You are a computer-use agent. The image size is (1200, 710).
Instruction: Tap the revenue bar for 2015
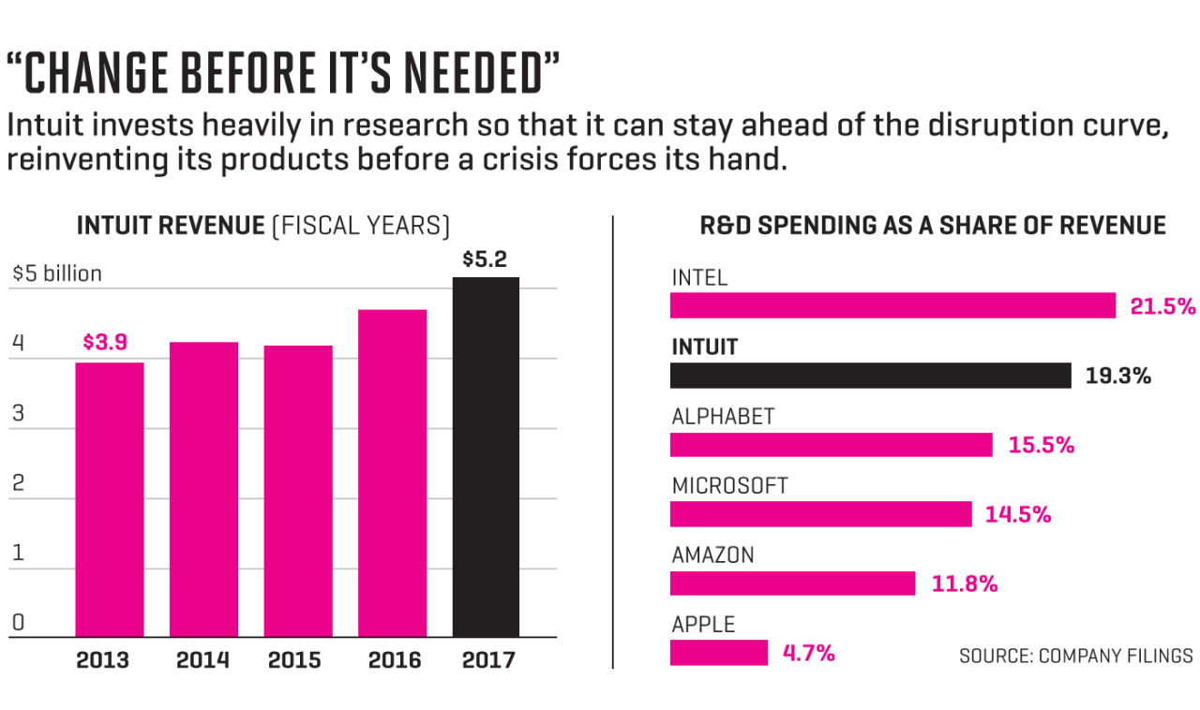point(297,491)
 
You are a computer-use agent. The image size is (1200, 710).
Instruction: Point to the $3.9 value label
point(105,343)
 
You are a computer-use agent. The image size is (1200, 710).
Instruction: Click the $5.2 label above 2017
point(485,259)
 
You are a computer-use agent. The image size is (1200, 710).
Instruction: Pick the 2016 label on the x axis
point(394,660)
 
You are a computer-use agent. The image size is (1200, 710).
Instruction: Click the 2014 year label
point(203,660)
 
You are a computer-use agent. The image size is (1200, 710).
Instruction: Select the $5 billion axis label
point(57,274)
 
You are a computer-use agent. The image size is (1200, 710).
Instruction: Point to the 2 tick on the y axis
point(18,484)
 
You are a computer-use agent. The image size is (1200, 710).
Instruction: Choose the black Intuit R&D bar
point(870,376)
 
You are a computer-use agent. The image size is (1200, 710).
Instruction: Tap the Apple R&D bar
point(719,653)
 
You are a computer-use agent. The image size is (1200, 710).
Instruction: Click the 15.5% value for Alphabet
point(1042,445)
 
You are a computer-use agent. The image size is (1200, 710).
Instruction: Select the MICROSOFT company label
point(730,486)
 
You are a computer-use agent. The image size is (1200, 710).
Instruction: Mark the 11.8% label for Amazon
point(965,584)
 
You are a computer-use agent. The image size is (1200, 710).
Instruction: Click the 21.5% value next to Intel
point(1163,306)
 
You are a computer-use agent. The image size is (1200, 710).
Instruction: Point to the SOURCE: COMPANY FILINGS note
point(1075,656)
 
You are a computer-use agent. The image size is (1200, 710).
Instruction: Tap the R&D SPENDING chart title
point(933,226)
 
